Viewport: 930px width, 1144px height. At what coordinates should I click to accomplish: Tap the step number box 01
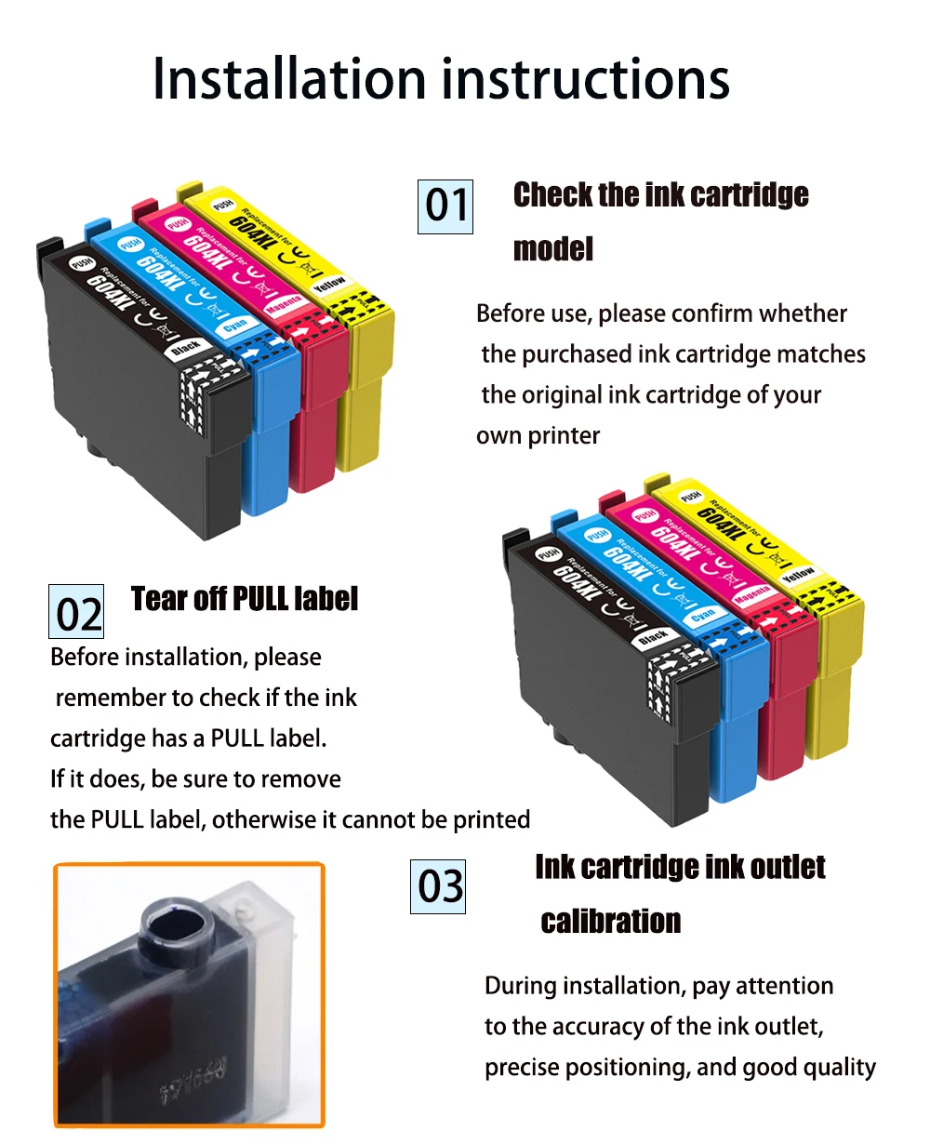point(445,206)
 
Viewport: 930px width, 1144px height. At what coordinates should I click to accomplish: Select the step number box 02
point(76,612)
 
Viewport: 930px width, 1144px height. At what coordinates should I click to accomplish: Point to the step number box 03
point(438,886)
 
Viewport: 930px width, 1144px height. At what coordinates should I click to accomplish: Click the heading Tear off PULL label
point(244,599)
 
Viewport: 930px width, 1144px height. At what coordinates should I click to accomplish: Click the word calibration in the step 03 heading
point(611,922)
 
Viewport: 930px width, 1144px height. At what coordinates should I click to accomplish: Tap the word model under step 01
point(552,249)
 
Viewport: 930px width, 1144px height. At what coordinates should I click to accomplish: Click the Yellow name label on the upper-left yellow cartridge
point(329,282)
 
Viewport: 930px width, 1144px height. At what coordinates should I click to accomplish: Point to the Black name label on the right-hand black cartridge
point(653,637)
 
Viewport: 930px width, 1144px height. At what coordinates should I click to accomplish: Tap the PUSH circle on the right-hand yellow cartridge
point(690,497)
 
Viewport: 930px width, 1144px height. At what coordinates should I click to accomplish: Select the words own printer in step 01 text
point(538,436)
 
